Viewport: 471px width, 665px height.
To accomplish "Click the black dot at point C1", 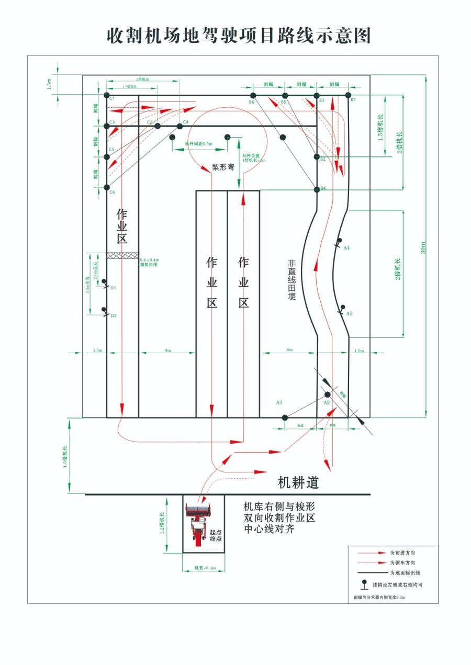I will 107,96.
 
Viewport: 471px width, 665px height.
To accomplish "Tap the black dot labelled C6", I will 107,187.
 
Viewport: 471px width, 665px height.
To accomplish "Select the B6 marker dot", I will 253,95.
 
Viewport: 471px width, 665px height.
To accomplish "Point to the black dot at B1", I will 348,95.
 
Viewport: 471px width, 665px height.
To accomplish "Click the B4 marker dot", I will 317,189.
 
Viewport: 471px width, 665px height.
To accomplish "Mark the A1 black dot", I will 285,418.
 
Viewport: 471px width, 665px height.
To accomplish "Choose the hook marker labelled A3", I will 342,308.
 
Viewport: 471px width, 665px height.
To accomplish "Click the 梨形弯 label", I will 223,168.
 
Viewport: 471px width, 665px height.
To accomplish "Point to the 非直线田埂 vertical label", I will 291,280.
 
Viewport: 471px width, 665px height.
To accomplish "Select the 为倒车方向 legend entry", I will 402,562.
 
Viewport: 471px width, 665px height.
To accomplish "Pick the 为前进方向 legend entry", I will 402,553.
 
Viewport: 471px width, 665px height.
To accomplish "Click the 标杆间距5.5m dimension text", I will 199,143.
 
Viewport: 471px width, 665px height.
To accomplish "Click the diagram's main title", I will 239,36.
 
